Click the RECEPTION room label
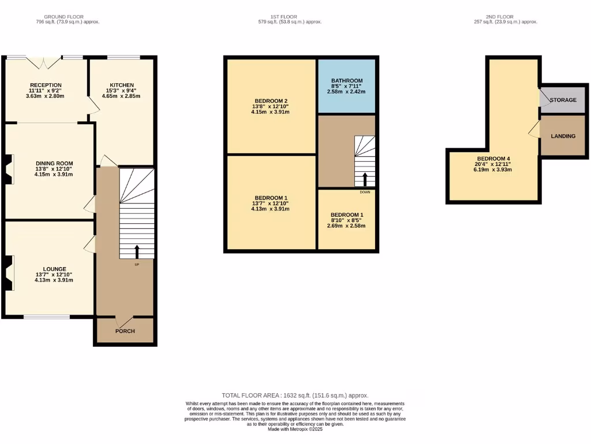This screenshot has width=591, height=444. point(46,85)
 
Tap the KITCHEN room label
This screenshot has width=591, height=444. point(122,85)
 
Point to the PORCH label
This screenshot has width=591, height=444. point(125,331)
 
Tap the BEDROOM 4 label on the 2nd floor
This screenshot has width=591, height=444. point(493,158)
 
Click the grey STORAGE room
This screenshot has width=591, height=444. point(563,100)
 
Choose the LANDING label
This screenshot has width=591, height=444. point(563,136)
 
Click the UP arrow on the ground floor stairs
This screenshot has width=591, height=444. point(137,251)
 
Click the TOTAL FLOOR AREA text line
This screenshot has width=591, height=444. point(295,395)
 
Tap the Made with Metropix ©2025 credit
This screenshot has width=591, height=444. point(295,429)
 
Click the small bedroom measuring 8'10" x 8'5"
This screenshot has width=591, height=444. point(347,220)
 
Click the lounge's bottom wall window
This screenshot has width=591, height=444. point(47,316)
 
